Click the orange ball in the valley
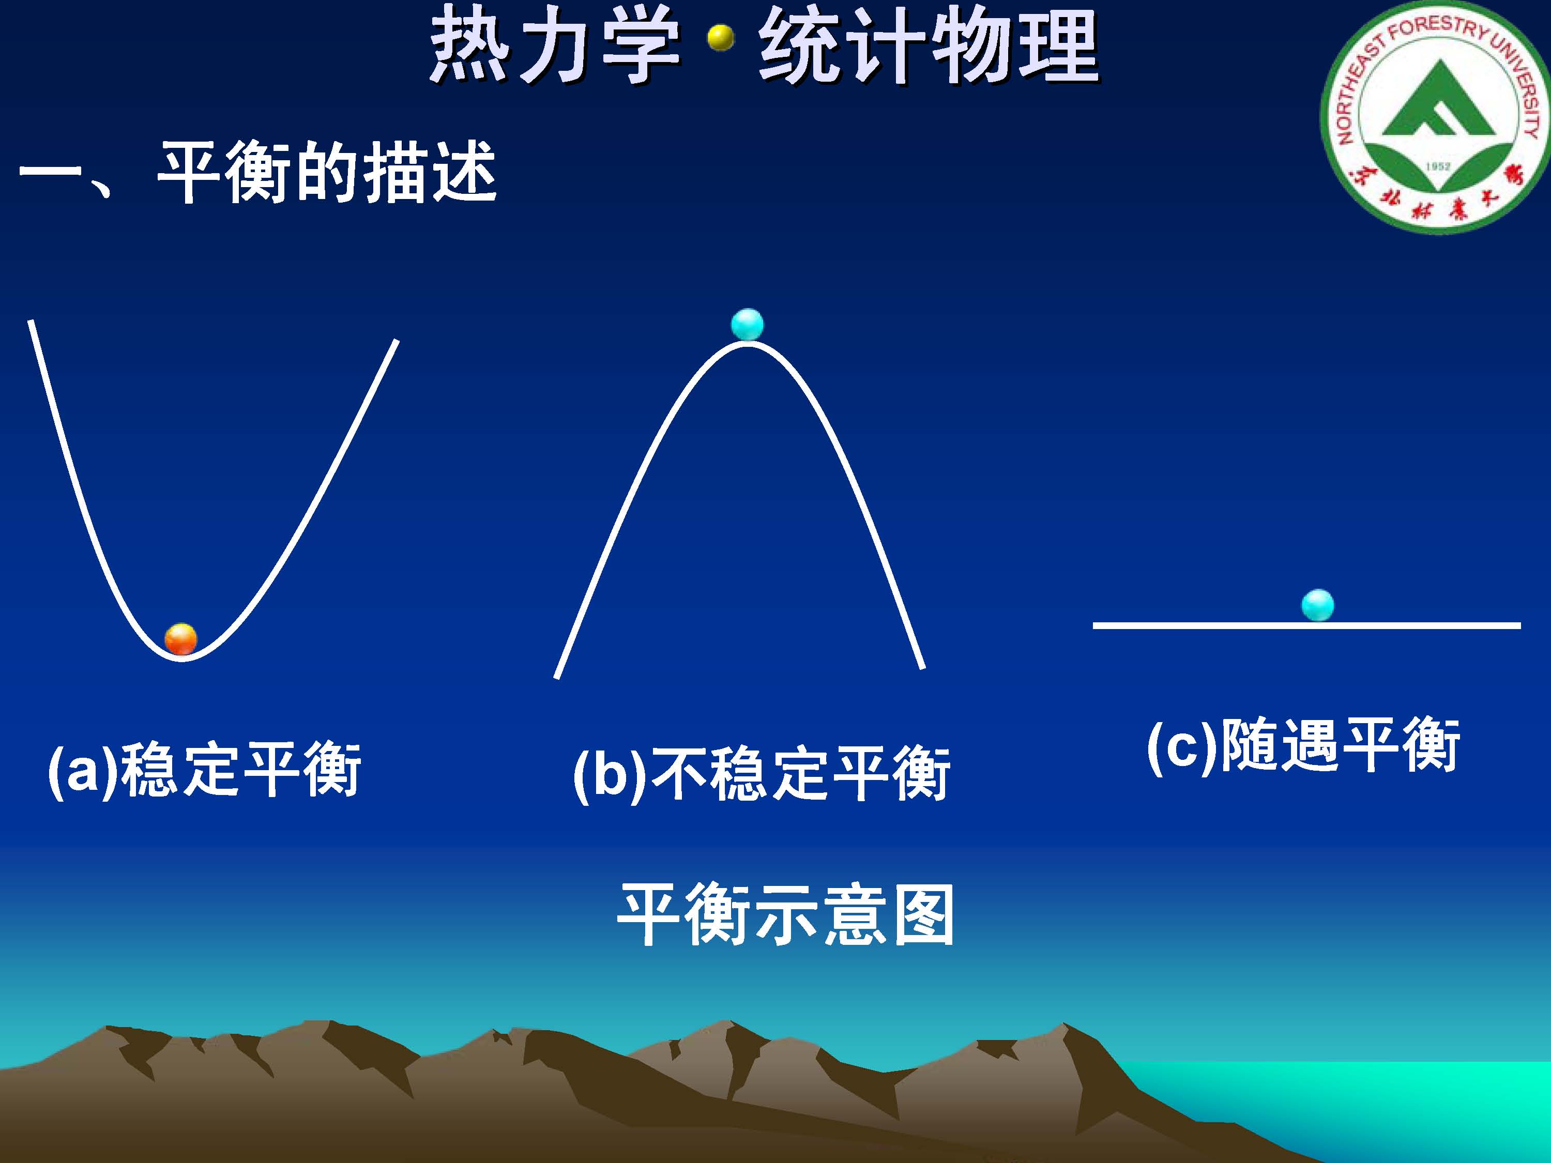coord(181,639)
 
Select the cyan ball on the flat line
coord(1317,605)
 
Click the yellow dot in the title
coord(720,39)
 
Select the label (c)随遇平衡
coord(1303,745)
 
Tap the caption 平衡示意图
coord(785,914)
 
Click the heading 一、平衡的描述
coord(257,173)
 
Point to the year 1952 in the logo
coord(1437,166)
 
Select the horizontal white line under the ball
coord(1307,624)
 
